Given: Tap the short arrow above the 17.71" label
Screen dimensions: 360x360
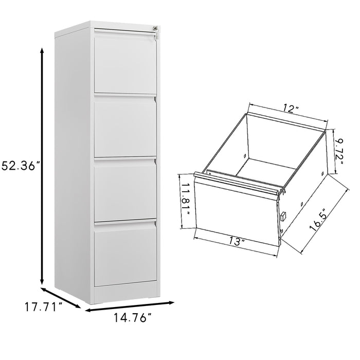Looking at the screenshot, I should (61, 297).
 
